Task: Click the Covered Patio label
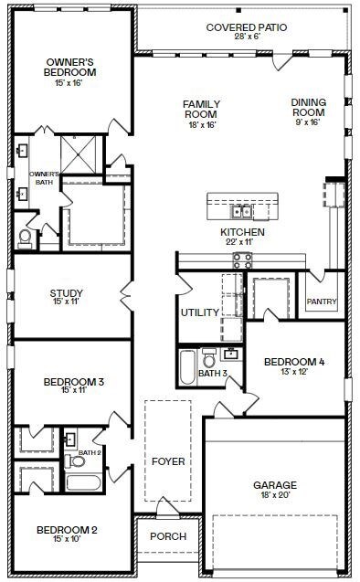(x=246, y=28)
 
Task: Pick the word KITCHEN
(x=242, y=233)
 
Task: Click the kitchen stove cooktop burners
(x=242, y=259)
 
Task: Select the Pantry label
(x=323, y=302)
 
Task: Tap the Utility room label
(x=199, y=312)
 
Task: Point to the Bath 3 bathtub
(x=186, y=367)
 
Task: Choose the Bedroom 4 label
(x=294, y=363)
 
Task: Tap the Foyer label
(x=168, y=461)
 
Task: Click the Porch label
(x=168, y=536)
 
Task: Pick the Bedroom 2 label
(x=67, y=530)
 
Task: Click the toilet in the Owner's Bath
(x=25, y=238)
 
